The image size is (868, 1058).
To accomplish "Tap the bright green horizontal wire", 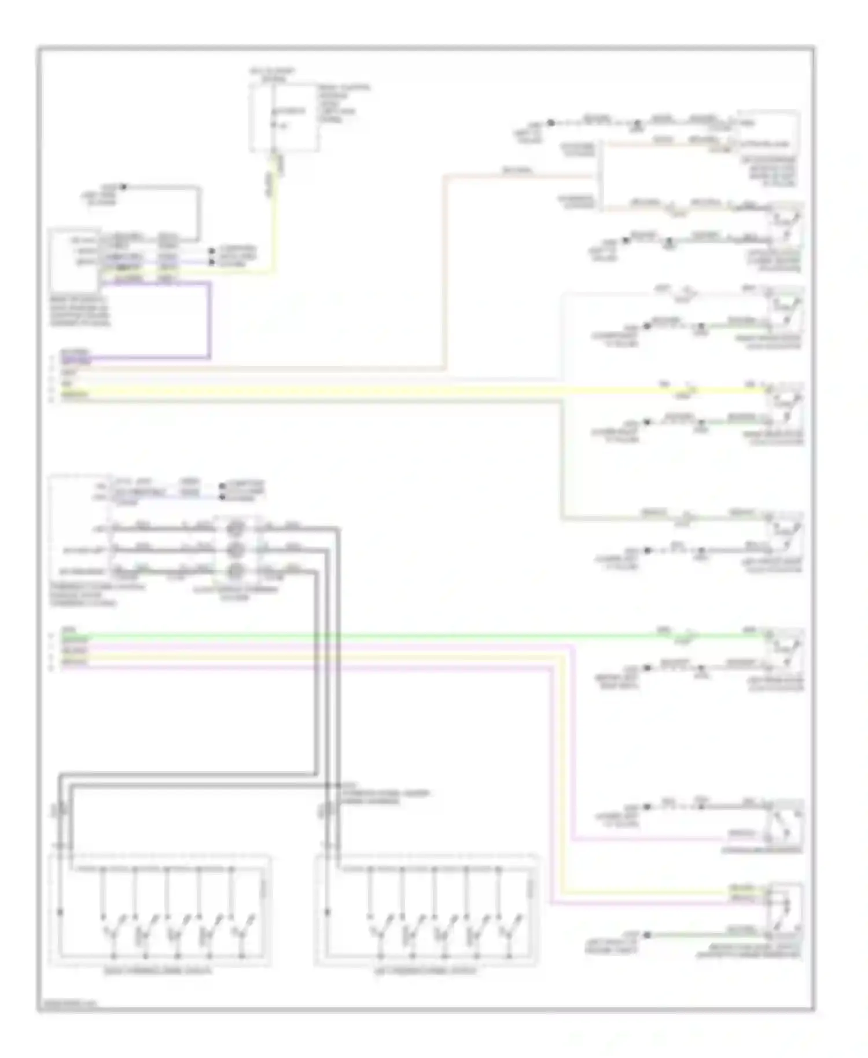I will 405,637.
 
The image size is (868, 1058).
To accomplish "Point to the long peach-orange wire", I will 444,272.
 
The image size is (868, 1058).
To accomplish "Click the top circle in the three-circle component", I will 235,528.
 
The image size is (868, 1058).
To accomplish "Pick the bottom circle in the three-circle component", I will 235,571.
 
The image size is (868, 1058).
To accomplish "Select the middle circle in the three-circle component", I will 235,549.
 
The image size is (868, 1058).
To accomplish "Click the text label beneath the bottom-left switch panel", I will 160,971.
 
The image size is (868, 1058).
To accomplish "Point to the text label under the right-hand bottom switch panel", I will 426,971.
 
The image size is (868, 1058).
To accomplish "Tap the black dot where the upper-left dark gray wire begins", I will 124,187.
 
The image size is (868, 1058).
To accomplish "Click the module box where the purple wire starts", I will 75,260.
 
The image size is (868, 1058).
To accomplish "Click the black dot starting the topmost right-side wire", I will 551,123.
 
